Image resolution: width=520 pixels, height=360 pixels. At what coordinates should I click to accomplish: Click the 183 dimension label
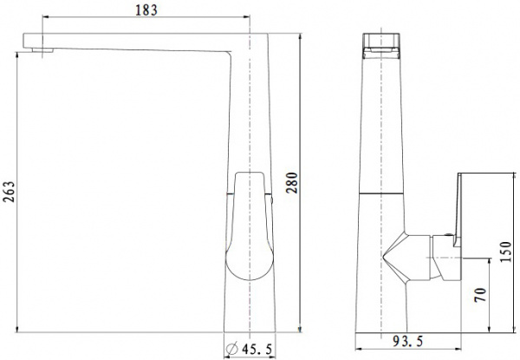click(x=146, y=10)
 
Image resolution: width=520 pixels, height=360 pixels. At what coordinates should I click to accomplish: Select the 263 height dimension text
click(x=8, y=192)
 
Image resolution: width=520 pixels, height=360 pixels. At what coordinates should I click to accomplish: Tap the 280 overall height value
click(x=292, y=182)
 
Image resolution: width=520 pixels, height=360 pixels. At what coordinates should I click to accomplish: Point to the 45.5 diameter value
click(x=257, y=349)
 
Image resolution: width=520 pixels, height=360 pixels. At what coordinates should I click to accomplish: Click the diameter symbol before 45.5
click(x=232, y=349)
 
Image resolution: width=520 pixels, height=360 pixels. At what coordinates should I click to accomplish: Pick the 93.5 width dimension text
click(x=408, y=341)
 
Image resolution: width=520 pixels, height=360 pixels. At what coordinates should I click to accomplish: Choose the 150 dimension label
click(x=506, y=252)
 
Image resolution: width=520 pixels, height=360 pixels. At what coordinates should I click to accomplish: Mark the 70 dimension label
click(x=480, y=295)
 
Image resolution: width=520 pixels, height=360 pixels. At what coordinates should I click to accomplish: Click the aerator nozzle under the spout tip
click(x=42, y=50)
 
